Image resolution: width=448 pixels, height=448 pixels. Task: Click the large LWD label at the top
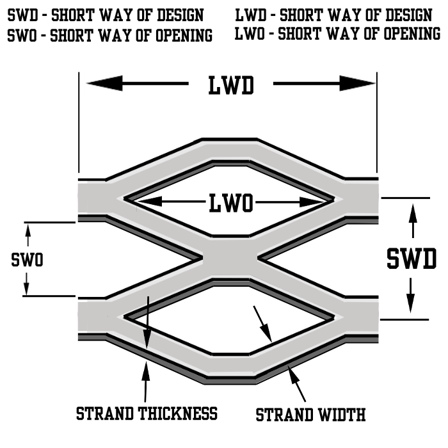coord(230,85)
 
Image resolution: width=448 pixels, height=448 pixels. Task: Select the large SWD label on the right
coord(412,259)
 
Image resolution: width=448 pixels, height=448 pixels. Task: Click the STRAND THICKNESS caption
coord(147,413)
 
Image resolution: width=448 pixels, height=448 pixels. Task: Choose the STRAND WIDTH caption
coord(310,415)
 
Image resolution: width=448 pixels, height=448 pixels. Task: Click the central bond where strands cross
coord(229,259)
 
